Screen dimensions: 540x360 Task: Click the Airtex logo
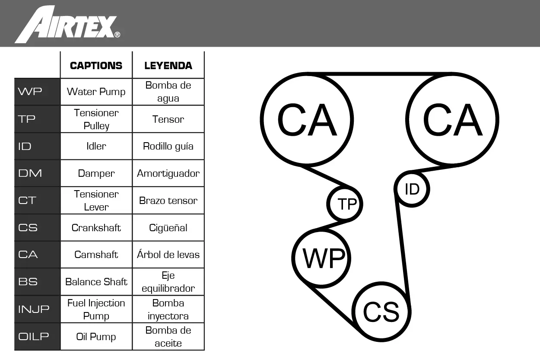67,25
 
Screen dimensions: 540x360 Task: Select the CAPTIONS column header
96,66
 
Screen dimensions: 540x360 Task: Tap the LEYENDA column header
168,66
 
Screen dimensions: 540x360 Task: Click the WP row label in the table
37,92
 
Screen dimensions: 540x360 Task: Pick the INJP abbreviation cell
37,309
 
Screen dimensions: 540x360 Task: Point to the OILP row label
37,336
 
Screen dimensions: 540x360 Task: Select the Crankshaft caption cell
96,228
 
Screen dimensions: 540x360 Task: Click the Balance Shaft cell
96,282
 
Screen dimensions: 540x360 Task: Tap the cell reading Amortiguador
168,173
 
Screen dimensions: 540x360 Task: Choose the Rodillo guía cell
168,146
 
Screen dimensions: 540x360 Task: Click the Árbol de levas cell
168,255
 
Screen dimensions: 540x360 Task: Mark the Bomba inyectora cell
168,309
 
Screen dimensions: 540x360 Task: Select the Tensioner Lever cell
96,201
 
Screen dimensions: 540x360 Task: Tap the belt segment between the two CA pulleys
380,74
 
